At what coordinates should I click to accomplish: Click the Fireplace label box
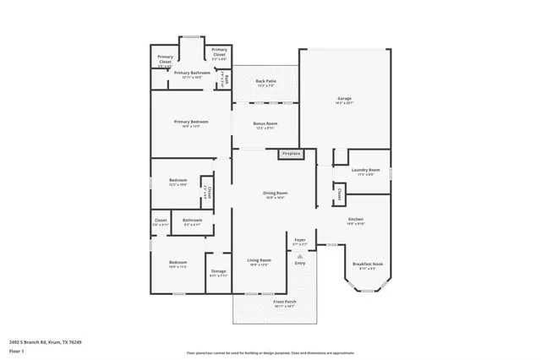290,154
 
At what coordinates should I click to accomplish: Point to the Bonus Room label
265,125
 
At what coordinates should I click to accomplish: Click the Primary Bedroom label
191,123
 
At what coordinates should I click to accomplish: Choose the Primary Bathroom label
193,74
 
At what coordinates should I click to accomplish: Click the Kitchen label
355,221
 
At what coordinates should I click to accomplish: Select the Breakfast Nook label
366,266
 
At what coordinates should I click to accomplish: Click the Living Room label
259,261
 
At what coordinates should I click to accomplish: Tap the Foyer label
300,242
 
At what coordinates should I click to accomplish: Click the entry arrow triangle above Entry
300,254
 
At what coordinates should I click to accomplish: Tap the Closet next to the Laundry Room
338,195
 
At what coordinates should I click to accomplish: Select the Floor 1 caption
16,351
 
